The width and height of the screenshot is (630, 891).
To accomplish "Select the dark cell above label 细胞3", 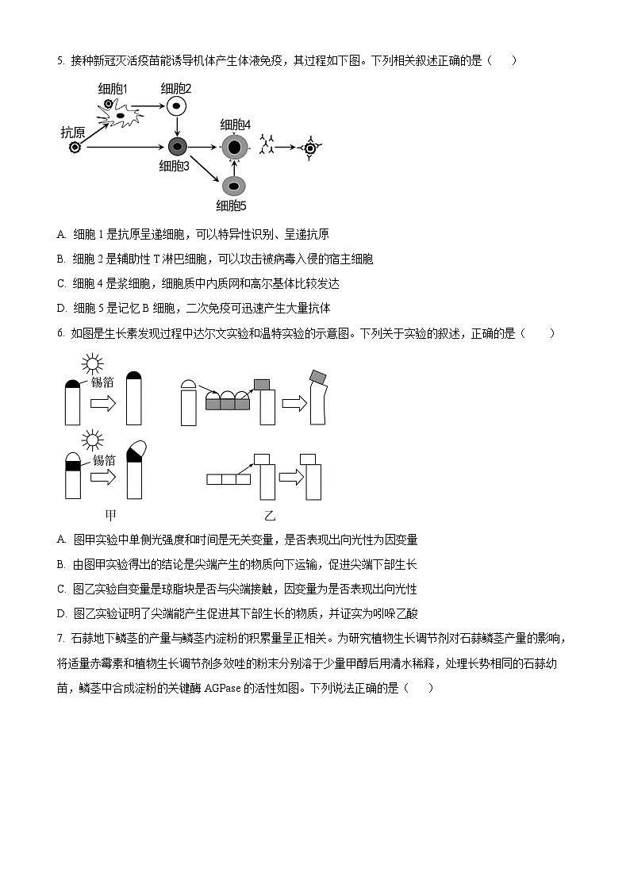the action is pos(177,146).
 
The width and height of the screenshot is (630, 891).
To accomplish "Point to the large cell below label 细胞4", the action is pos(234,147).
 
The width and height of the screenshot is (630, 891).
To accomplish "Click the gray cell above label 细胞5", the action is pos(233,186).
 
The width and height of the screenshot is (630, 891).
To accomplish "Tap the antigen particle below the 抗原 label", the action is pos(75,148).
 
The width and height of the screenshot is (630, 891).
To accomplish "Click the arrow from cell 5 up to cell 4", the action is pos(233,167).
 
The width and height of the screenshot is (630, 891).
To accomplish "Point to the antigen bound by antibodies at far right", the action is pos(310,147).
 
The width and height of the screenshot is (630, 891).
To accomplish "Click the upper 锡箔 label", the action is pos(103,382).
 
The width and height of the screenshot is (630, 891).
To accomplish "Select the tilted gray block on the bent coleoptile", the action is pos(319,375).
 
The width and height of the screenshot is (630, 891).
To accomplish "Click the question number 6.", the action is pos(60,333).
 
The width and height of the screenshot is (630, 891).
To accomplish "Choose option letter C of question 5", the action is pos(61,283).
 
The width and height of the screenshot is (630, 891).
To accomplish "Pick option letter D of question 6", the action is pos(61,613).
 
